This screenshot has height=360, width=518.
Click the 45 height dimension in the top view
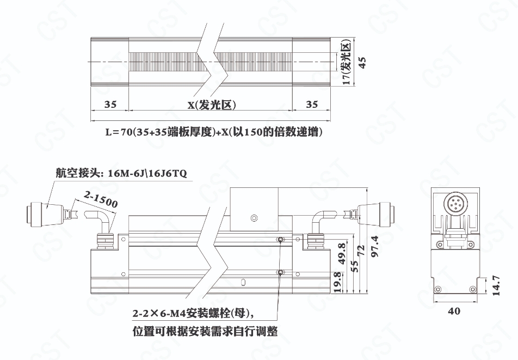coord(362,63)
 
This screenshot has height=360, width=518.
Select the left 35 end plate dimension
coord(110,104)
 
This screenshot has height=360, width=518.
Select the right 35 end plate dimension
coord(312,104)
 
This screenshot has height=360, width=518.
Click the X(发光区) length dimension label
coord(212,105)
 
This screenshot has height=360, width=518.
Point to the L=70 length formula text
coord(214,132)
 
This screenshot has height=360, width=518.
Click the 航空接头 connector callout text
coord(121,173)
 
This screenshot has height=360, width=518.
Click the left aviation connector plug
coord(46,215)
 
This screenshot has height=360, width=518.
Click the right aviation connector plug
coord(377,211)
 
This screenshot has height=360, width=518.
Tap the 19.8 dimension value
coord(337,282)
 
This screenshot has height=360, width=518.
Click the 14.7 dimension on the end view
coord(496,285)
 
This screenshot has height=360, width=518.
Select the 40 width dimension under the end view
coord(454,311)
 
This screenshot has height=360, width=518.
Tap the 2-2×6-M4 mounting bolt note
coord(194,313)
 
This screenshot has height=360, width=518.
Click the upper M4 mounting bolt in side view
coord(280,239)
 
